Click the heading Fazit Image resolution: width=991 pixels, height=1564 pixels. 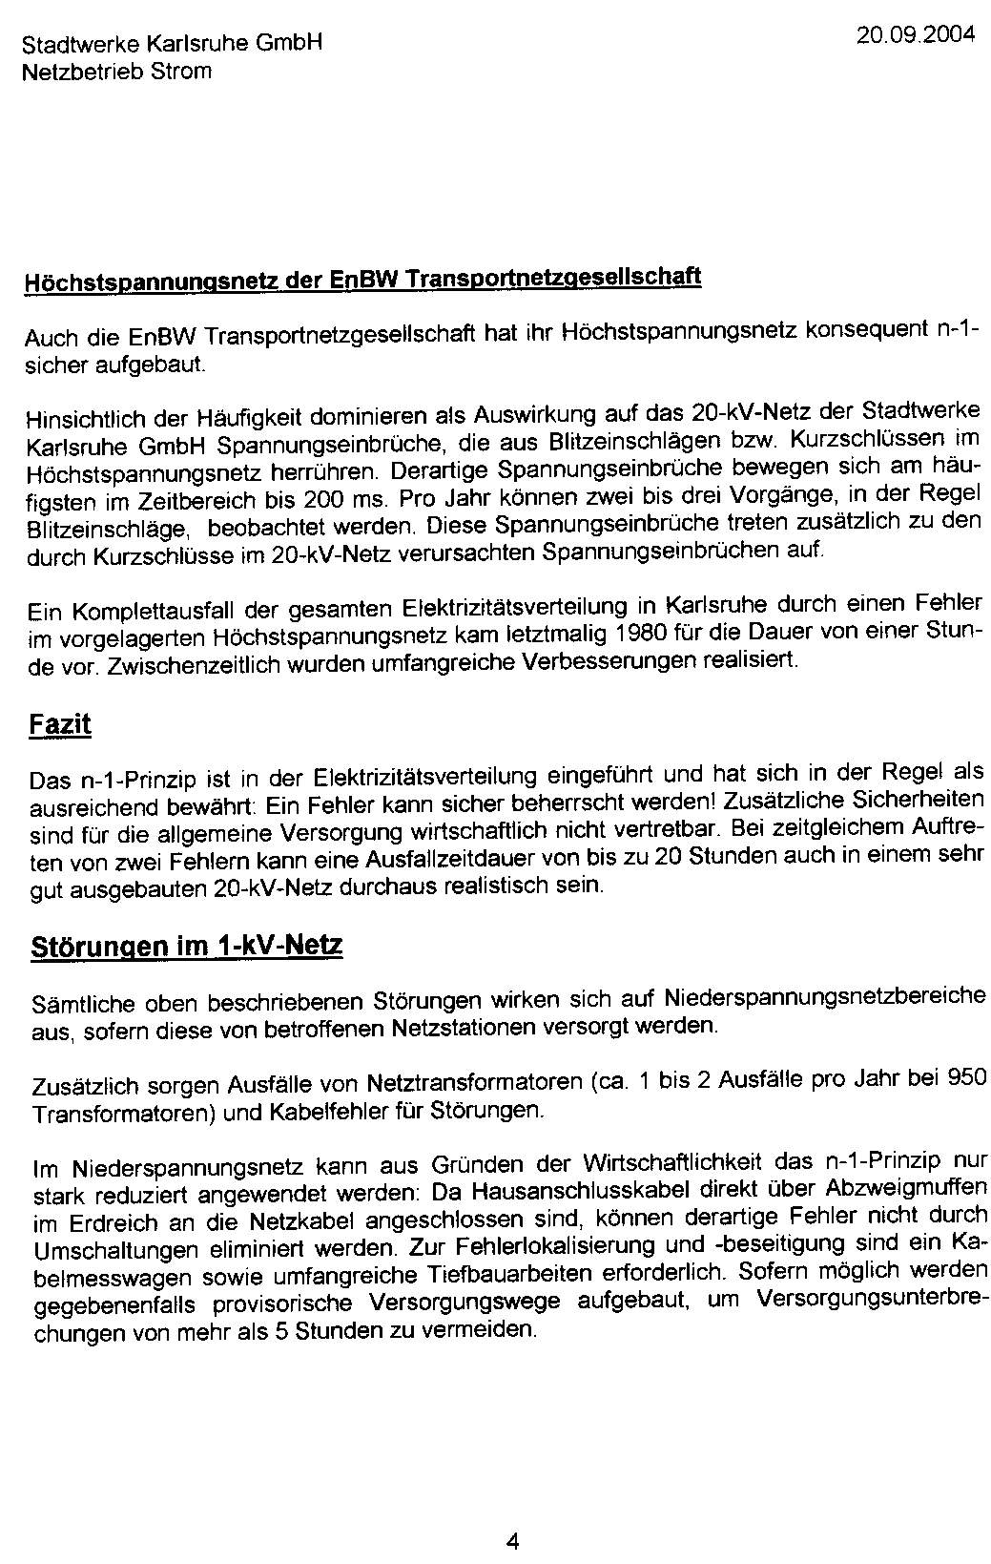[x=60, y=724]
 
